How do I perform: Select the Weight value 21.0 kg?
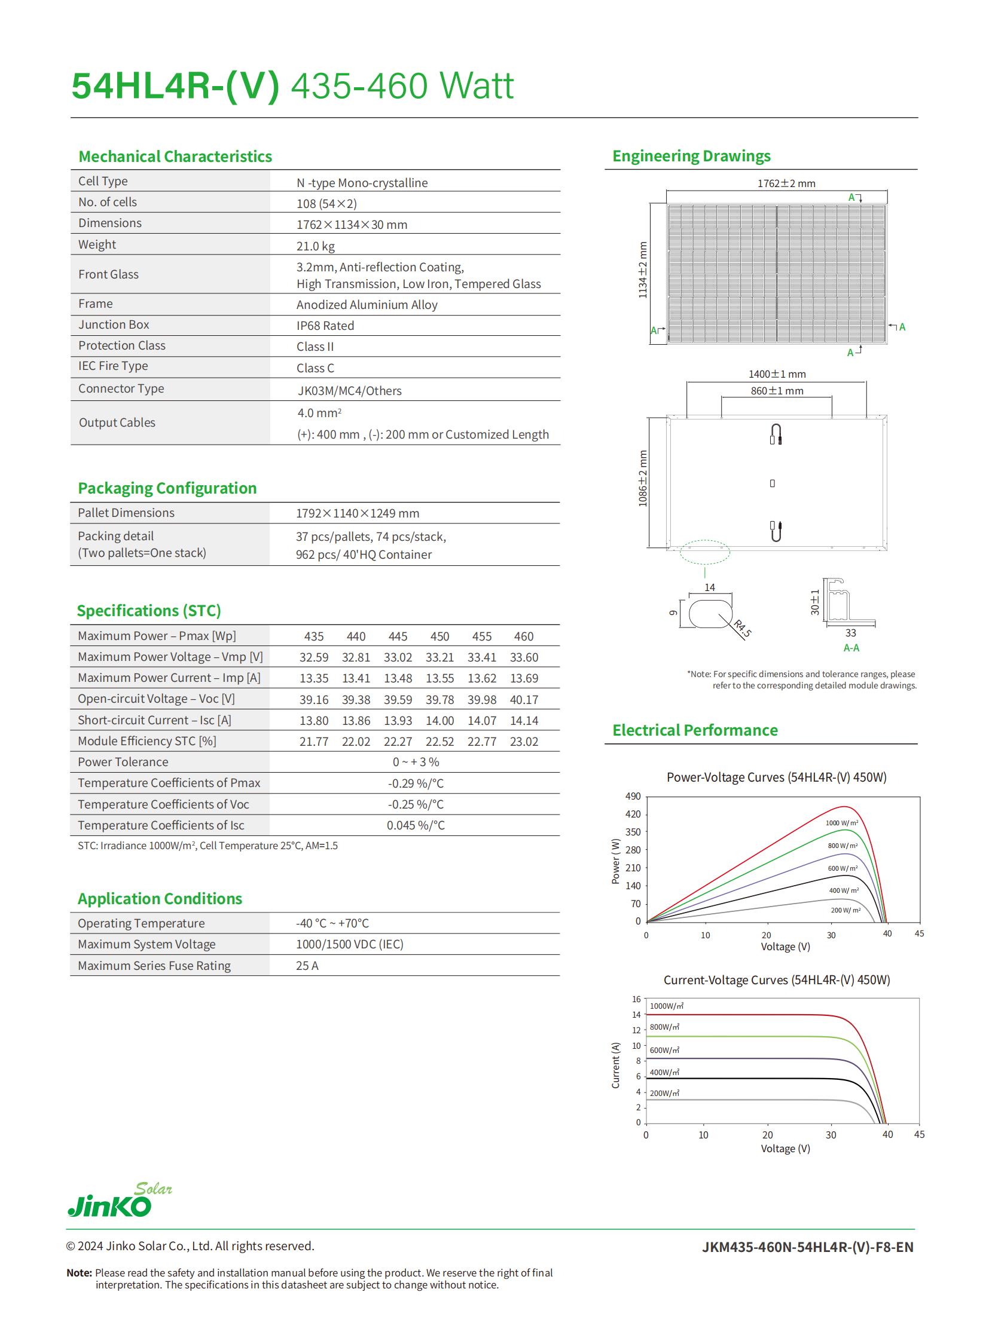point(316,246)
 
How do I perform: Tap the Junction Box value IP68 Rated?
point(325,326)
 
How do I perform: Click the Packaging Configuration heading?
point(167,488)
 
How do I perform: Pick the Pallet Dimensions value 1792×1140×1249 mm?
point(358,513)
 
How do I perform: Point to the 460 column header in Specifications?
point(523,636)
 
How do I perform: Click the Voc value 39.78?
point(439,700)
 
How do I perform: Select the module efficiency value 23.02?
point(524,742)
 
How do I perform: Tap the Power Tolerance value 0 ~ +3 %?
point(416,763)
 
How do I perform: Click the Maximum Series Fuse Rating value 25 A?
point(307,966)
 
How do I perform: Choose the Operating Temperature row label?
point(141,923)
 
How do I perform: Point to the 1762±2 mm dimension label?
point(786,183)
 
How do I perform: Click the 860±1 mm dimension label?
point(777,391)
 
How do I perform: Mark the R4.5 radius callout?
point(743,629)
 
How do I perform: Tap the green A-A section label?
point(851,648)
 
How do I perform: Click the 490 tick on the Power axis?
point(633,797)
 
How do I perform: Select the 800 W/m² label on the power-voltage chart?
point(843,846)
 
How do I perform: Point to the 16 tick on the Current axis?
point(636,999)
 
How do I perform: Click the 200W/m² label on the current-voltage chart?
point(664,1093)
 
